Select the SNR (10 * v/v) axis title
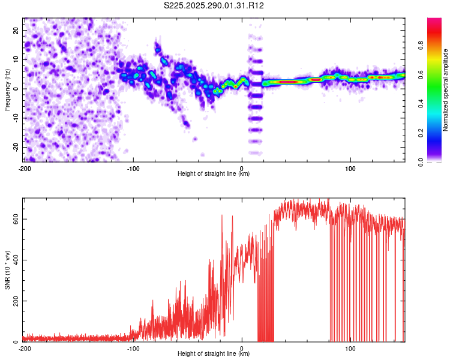(7, 270)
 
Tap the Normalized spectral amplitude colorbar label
(446, 89)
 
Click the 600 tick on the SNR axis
(15, 219)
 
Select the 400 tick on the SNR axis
(15, 260)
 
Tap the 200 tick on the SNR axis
(15, 301)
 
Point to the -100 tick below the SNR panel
(133, 348)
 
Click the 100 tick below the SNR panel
(351, 348)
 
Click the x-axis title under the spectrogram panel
(214, 174)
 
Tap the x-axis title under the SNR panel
(214, 354)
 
